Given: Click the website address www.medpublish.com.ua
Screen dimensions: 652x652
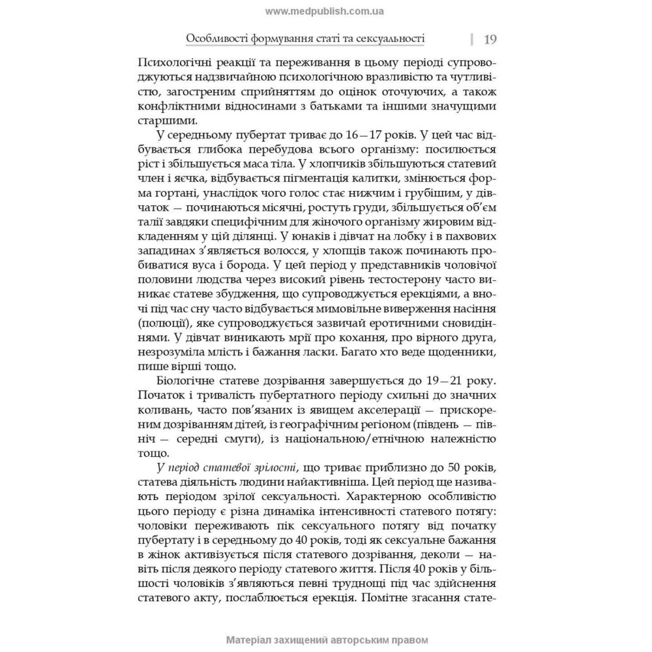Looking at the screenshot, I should pos(325,11).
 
